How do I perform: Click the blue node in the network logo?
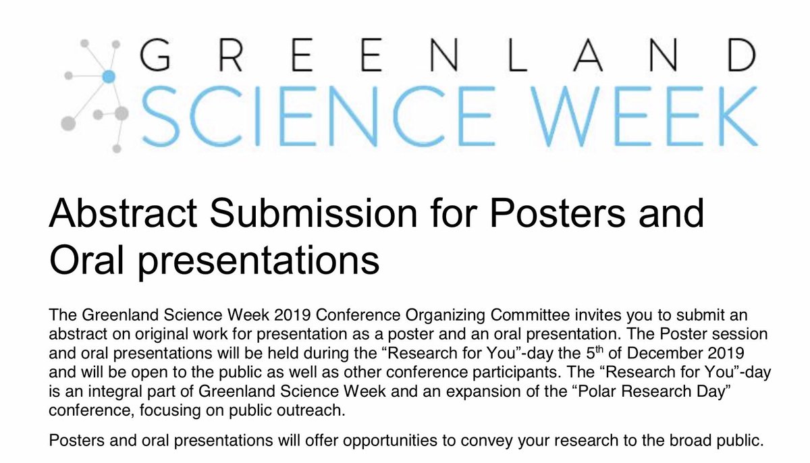tap(106, 76)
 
